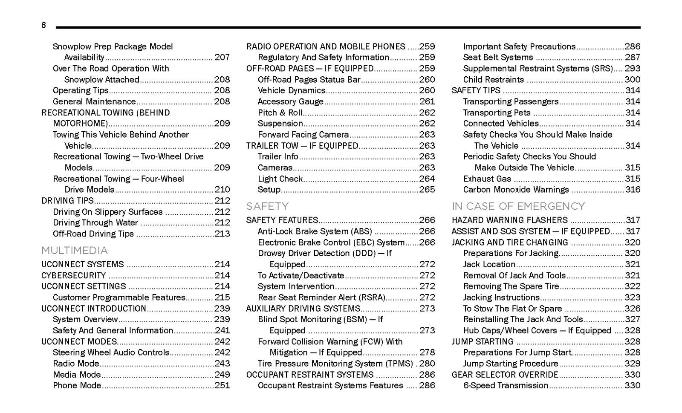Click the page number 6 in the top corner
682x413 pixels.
point(43,26)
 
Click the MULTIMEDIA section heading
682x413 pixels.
point(75,251)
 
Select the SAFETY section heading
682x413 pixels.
point(267,207)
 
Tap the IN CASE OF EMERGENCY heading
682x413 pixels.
point(518,207)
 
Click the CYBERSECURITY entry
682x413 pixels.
point(73,275)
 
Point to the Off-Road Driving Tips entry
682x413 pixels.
point(93,234)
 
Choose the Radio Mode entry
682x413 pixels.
point(76,364)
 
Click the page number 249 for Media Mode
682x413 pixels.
point(222,375)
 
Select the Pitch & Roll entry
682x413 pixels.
point(280,113)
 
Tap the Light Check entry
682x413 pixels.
point(280,179)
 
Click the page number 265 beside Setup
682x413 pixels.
point(427,190)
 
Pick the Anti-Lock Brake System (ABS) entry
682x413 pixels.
point(315,231)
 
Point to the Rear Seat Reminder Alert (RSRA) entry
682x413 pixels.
point(321,297)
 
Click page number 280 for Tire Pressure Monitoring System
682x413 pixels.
point(427,364)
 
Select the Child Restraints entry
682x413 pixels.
point(493,80)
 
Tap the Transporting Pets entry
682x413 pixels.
point(497,113)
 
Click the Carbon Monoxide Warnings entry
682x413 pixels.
point(516,190)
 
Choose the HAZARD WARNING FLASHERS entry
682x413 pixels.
point(509,220)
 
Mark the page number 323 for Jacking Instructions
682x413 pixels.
point(633,297)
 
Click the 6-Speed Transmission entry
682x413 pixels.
point(506,386)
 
